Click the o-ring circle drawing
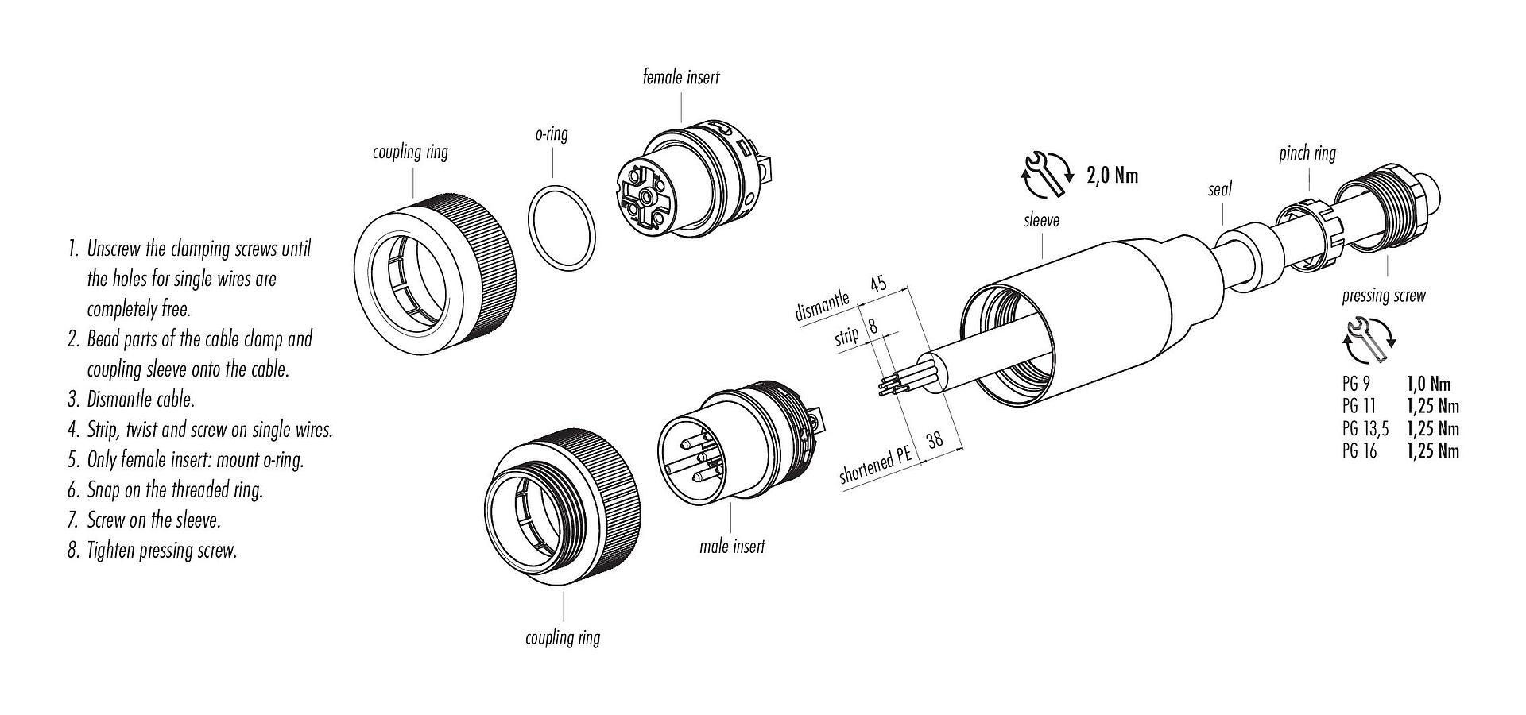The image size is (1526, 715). coord(562,230)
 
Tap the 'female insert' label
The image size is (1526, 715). coord(681,77)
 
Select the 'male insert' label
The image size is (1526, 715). coord(732,546)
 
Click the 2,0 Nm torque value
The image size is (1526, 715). coord(1112,176)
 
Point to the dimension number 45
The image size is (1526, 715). coord(878,284)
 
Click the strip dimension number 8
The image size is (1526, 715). coord(873,326)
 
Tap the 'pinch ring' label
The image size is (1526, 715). coord(1307,153)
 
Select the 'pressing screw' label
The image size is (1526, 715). coord(1384,296)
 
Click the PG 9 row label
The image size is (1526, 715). coord(1355,384)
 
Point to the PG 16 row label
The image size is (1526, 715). coord(1359,450)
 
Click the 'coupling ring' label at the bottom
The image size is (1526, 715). coord(563,637)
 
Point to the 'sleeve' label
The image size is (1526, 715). coord(1041,219)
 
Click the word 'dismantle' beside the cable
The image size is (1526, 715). coord(822,307)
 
